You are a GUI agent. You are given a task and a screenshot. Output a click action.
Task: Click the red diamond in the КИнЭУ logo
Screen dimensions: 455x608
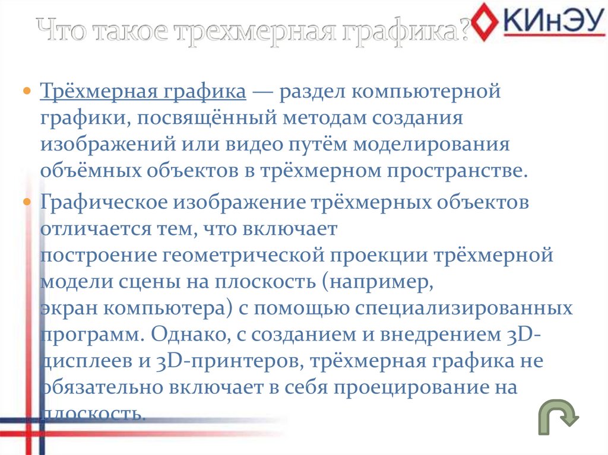pyautogui.click(x=489, y=22)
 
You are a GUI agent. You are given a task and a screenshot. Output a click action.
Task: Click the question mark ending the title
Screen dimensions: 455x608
pyautogui.click(x=464, y=30)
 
